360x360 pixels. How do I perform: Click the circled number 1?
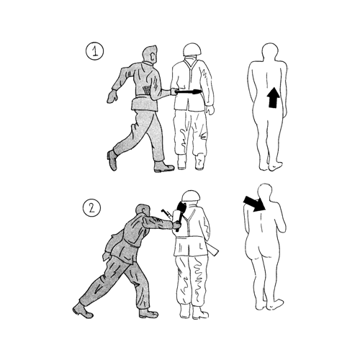coord(95,51)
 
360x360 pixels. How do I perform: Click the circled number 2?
coord(92,208)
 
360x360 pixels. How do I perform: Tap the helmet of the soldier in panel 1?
coord(192,50)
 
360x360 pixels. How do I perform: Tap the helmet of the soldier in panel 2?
coord(191,196)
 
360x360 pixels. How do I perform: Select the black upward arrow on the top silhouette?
coord(273,97)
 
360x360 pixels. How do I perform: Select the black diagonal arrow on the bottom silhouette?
coord(254,204)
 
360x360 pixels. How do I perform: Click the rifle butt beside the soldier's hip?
coord(214,250)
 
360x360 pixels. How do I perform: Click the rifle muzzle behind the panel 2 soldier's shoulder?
coord(166,213)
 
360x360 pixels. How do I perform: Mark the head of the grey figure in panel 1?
coord(150,54)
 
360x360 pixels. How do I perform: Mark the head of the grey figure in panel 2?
coord(142,211)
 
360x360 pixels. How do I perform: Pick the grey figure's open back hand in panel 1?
coord(112,96)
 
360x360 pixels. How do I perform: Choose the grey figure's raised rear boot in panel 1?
coord(112,160)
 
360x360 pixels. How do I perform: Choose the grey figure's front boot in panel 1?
coord(164,166)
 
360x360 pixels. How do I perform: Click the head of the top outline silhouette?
coord(270,51)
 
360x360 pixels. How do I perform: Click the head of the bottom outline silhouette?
coord(265,192)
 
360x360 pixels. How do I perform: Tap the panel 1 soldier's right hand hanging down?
coord(210,110)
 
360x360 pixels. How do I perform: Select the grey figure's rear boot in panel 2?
coord(82,310)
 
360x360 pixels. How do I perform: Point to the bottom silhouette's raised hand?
coord(282,226)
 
